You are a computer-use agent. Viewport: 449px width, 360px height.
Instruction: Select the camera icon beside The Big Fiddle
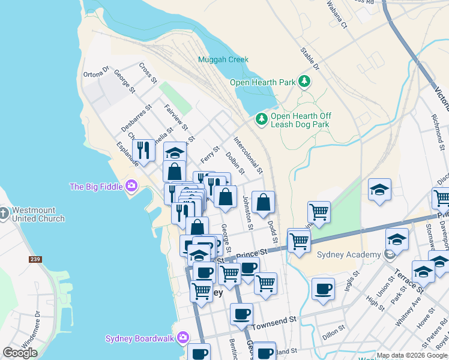pyautogui.click(x=130, y=187)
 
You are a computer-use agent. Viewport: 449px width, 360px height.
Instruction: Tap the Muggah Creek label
pyautogui.click(x=223, y=60)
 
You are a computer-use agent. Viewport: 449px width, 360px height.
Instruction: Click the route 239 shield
pyautogui.click(x=35, y=260)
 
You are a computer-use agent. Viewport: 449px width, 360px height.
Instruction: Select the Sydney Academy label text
pyautogui.click(x=352, y=254)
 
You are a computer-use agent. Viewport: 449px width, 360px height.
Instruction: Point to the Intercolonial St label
pyautogui.click(x=248, y=155)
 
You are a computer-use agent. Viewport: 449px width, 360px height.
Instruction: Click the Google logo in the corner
pyautogui.click(x=20, y=352)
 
